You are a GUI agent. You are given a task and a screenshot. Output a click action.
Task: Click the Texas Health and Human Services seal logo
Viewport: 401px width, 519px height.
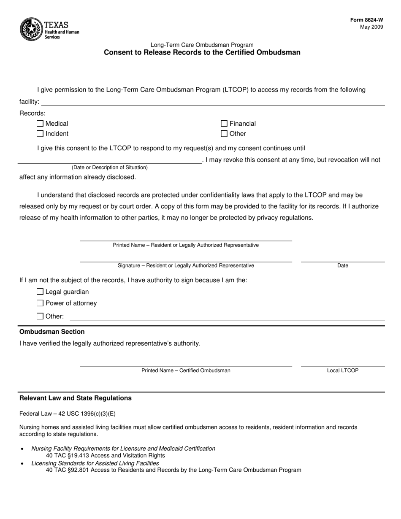(x=31, y=29)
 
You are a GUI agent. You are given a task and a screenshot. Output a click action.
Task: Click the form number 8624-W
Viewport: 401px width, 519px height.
(x=366, y=20)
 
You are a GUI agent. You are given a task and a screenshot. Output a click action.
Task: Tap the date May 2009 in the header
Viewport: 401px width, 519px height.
(x=371, y=27)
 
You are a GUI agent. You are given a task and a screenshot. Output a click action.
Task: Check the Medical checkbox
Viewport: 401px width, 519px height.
(x=40, y=124)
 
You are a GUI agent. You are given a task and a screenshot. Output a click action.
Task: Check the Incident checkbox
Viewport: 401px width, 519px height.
(x=40, y=134)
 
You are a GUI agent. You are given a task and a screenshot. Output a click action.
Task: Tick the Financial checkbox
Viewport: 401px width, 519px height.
(x=224, y=124)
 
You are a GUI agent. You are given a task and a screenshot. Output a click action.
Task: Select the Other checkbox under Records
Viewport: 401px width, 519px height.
(x=224, y=134)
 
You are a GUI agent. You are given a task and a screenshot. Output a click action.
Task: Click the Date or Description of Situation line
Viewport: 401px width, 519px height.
(x=110, y=160)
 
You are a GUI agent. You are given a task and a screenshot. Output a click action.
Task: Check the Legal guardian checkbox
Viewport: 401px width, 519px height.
(x=40, y=292)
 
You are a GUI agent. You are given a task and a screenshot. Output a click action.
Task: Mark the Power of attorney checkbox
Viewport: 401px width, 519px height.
(x=40, y=303)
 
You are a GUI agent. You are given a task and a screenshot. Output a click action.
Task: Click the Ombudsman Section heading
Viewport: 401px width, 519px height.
(x=52, y=332)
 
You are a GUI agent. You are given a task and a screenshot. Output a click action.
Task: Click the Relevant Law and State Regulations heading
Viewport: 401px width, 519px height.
(x=76, y=398)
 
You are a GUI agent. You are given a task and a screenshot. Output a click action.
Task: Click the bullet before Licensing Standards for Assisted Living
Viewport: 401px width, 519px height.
(x=22, y=463)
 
